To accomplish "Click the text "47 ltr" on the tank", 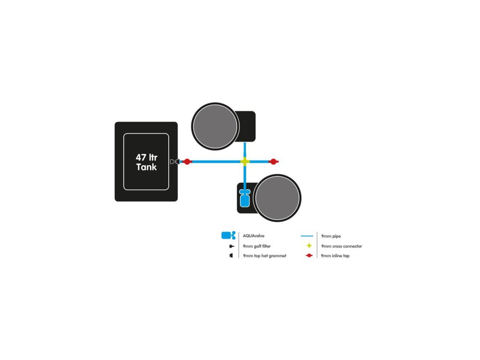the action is coord(146,157).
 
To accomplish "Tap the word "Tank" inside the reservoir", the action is coord(146,167).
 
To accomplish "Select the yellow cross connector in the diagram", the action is coord(245,162).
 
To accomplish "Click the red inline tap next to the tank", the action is coord(187,162).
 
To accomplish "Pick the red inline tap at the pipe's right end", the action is coord(273,162).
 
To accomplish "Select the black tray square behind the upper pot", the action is coord(247,126).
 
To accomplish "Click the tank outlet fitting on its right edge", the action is coord(175,162).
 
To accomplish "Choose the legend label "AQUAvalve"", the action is coord(254,236).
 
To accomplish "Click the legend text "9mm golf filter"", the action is coord(257,246).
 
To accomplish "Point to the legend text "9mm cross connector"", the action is coord(341,246).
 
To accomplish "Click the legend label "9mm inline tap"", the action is coord(335,256).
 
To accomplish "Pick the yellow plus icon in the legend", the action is coord(309,246).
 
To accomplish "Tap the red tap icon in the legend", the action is coord(309,256).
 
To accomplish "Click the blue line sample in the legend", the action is coord(306,236).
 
